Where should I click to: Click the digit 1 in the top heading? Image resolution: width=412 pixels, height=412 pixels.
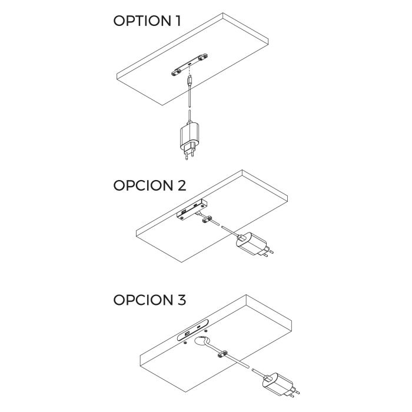pos(177,22)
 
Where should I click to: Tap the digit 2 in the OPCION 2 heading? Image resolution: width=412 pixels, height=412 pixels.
pos(180,185)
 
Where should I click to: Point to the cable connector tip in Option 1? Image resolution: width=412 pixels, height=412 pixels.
pos(189,80)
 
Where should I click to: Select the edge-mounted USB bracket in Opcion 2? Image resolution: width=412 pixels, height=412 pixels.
pos(190,211)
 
